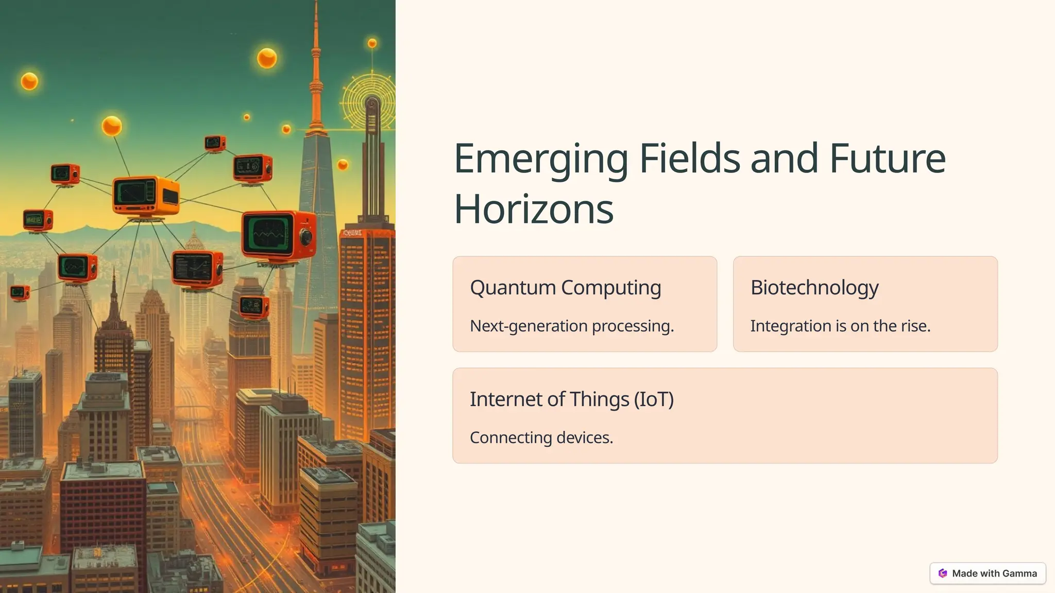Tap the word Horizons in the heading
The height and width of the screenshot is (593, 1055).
coord(534,210)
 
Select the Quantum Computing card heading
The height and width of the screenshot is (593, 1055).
coord(565,287)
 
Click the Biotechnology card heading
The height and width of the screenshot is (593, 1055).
coord(814,287)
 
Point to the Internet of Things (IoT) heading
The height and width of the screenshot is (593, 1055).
coord(571,399)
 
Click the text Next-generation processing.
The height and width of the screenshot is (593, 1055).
coord(572,326)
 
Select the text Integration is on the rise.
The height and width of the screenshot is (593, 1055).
coord(840,326)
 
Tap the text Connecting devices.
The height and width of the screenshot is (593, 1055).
coord(541,438)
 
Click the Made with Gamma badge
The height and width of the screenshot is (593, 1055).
coord(988,573)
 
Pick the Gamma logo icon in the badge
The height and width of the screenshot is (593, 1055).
coord(943,573)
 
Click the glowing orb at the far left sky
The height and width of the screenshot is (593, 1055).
coord(29,81)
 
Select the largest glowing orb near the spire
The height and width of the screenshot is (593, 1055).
coord(267,58)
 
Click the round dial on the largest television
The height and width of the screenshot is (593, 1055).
coord(306,237)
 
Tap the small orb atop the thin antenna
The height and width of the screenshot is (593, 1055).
coord(372,43)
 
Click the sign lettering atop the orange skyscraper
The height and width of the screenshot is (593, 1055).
coord(352,233)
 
